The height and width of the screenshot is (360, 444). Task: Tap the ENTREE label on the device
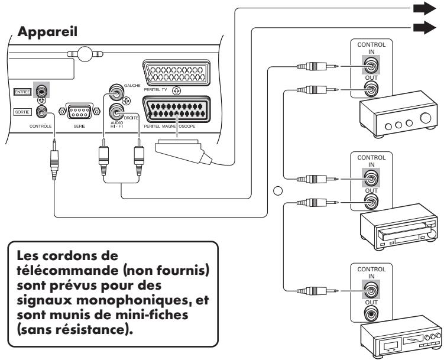[x=22, y=92]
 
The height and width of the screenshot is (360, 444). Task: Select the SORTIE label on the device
[x=22, y=111]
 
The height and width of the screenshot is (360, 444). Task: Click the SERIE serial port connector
[x=79, y=111]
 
